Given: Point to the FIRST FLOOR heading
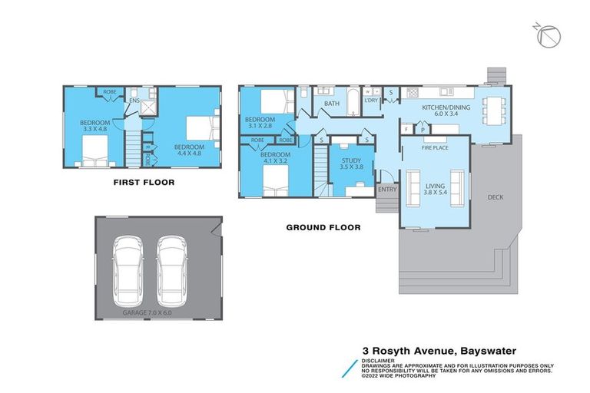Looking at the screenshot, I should [144, 183].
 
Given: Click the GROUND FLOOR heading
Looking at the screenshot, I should [323, 227].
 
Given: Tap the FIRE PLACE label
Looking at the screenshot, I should [435, 147].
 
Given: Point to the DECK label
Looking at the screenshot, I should [496, 197].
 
